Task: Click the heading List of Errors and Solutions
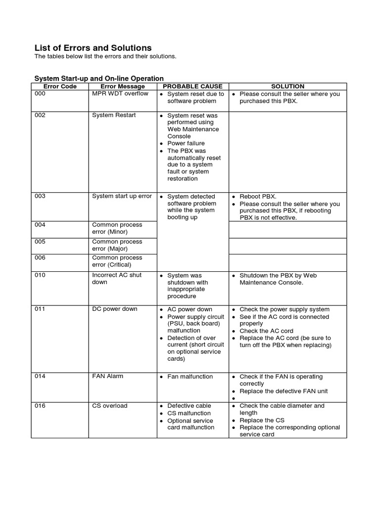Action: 93,48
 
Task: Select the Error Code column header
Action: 60,86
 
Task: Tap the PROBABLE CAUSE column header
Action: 192,86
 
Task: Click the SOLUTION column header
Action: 287,86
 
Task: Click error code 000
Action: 40,94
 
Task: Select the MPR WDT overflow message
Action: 120,94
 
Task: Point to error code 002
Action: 40,115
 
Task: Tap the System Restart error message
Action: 114,115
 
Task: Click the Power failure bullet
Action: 186,143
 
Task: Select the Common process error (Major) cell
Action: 117,245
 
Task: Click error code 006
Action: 40,258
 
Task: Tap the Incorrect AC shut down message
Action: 117,279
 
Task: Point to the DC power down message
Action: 115,309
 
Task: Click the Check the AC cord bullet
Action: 266,331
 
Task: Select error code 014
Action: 40,377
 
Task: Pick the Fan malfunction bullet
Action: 190,377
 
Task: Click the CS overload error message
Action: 110,406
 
